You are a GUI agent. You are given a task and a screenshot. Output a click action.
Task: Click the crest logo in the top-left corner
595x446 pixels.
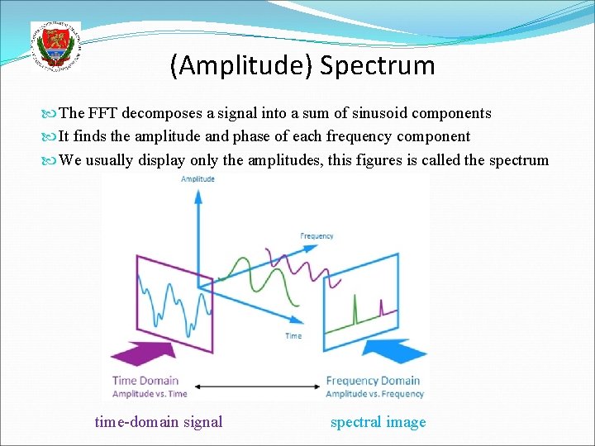pyautogui.click(x=55, y=46)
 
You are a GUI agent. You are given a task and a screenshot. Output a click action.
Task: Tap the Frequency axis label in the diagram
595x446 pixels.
pyautogui.click(x=317, y=236)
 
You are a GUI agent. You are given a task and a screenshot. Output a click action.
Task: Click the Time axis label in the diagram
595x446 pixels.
pyautogui.click(x=293, y=336)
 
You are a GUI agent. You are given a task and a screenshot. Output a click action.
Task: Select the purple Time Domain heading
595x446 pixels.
pyautogui.click(x=145, y=381)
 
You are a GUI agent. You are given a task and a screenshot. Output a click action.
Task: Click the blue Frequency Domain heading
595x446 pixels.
pyautogui.click(x=373, y=381)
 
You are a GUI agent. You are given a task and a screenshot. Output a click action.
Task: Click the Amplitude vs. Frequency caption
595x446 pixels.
pyautogui.click(x=374, y=394)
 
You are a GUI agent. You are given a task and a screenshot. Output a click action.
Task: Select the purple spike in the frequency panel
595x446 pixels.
pyautogui.click(x=381, y=309)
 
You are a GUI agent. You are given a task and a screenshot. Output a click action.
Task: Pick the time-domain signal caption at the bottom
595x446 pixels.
pyautogui.click(x=159, y=422)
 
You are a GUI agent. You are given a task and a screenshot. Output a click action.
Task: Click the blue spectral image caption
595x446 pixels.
pyautogui.click(x=378, y=422)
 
